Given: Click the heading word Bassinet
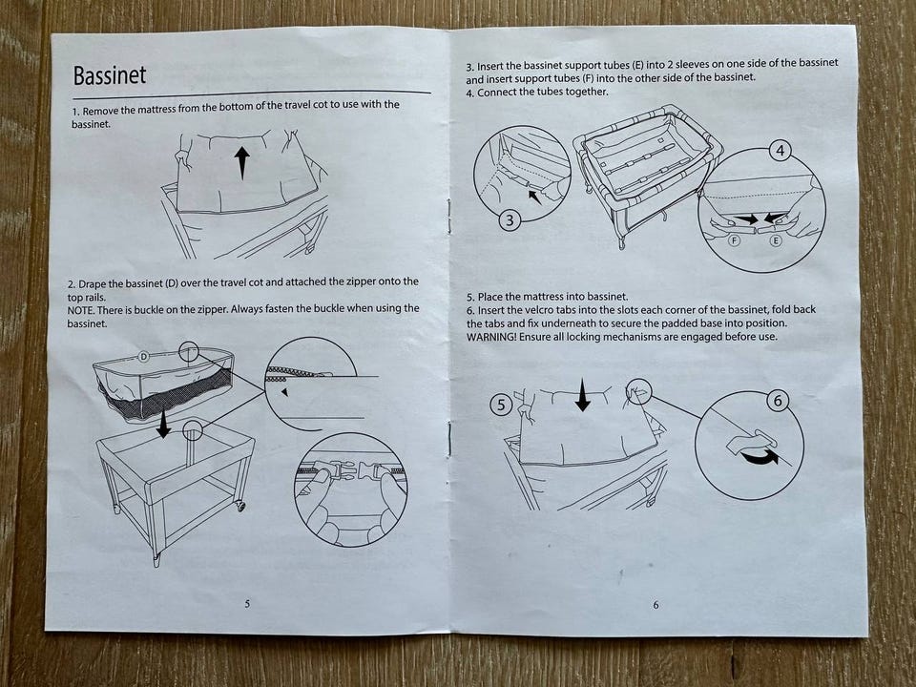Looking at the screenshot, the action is click(x=109, y=75).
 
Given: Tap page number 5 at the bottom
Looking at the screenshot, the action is click(x=247, y=603).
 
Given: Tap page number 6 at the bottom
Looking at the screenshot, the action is click(x=656, y=605).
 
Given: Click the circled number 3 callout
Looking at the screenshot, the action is click(x=510, y=220).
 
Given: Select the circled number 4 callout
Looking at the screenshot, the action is click(x=780, y=151).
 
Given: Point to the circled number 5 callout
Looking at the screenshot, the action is click(x=501, y=405).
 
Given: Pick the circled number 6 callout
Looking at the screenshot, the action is click(x=778, y=401).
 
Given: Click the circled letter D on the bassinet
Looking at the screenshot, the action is click(x=144, y=356).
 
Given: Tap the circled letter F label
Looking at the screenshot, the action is click(x=735, y=240).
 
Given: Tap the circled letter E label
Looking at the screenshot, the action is click(x=775, y=240).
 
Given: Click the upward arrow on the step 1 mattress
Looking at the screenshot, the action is click(x=241, y=162).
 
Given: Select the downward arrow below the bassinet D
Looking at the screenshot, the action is click(x=163, y=424).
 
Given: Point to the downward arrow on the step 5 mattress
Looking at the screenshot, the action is click(x=582, y=394).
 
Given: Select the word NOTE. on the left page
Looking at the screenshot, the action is click(x=79, y=310).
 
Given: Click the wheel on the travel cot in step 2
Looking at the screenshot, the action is click(x=240, y=506).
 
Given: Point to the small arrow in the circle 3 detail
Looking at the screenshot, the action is click(x=534, y=197).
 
